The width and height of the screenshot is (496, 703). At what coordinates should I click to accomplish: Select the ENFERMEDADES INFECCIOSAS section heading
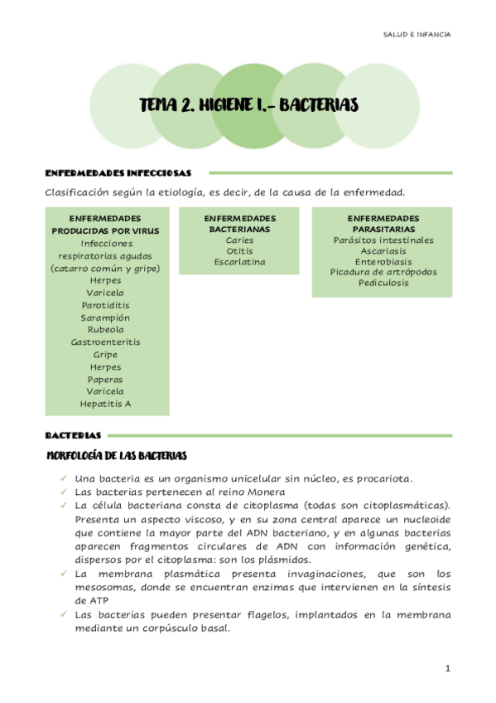pos(118,173)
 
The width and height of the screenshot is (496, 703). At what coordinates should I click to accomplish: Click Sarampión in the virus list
pos(106,318)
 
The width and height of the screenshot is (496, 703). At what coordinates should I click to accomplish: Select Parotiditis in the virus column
pos(106,305)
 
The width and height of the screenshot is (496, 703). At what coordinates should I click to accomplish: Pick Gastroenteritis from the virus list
pos(106,342)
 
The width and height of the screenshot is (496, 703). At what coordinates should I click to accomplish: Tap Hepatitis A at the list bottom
pos(106,404)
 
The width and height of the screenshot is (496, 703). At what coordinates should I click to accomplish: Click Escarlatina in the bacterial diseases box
pos(240,262)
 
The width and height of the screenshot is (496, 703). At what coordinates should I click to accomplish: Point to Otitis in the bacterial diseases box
pos(240,250)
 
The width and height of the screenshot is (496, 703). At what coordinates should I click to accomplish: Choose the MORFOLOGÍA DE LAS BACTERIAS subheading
pos(118,456)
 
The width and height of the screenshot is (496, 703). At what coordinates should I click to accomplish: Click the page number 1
pos(447,668)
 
